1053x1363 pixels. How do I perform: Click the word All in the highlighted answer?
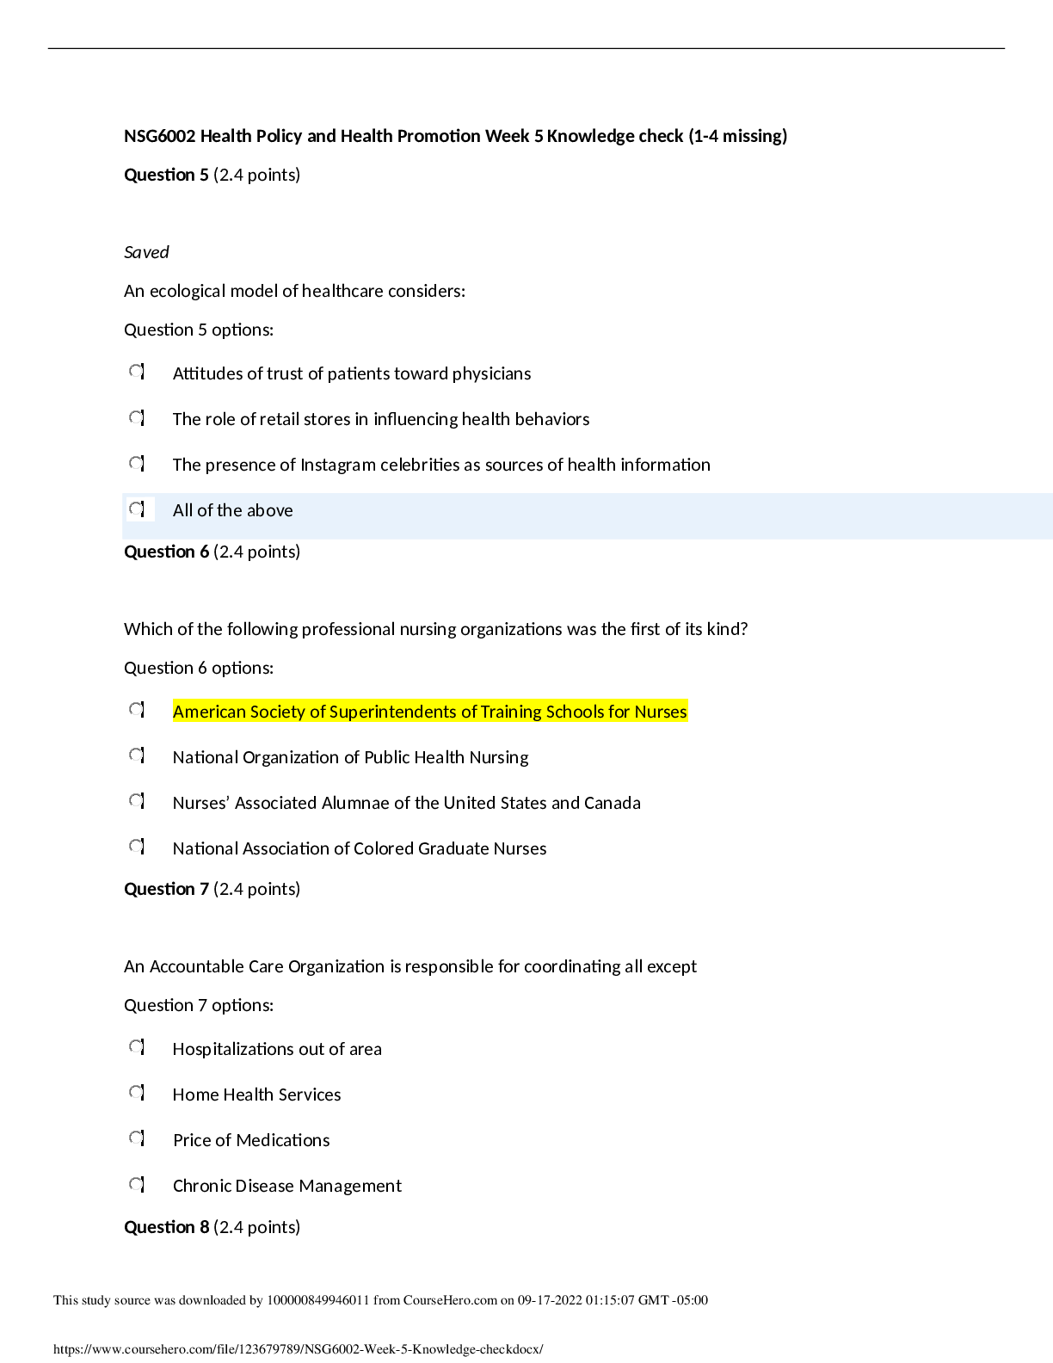click(182, 510)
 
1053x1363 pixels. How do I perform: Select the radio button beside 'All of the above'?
click(140, 509)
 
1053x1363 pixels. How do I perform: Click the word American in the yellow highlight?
click(208, 712)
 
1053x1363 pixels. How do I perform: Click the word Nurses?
click(661, 712)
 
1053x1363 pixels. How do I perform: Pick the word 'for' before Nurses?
click(619, 712)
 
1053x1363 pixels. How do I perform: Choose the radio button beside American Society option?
click(140, 710)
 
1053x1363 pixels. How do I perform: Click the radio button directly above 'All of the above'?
click(140, 464)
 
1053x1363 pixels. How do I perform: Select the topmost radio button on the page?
click(140, 373)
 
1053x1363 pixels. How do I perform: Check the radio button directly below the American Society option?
click(140, 756)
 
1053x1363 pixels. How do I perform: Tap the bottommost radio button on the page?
click(140, 1185)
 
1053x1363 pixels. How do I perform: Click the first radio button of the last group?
click(140, 1048)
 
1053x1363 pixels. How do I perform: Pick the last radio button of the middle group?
click(140, 848)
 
